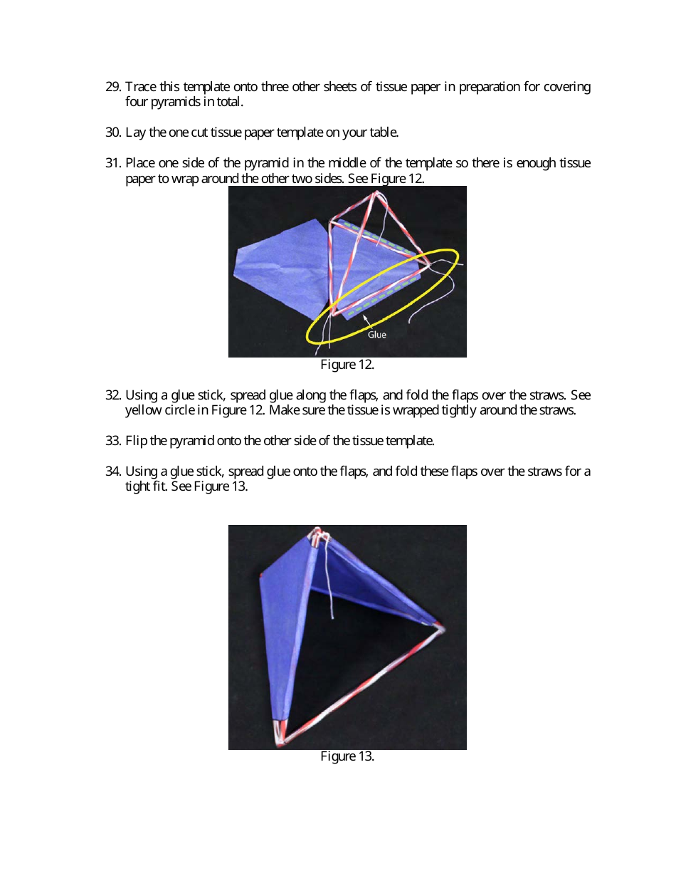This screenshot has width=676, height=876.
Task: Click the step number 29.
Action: [x=113, y=87]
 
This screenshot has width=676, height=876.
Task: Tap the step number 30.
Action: [x=113, y=132]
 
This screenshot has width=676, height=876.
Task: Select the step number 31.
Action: [x=113, y=163]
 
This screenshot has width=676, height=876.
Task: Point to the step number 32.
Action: [x=113, y=395]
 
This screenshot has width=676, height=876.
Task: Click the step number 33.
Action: [x=113, y=441]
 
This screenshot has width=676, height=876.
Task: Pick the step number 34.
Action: [x=113, y=471]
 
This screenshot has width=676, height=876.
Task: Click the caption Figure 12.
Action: [x=347, y=365]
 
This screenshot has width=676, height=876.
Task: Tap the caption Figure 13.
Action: [x=347, y=756]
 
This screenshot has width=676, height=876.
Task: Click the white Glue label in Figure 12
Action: [x=377, y=334]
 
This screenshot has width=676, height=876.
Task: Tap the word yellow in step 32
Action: [x=142, y=410]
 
